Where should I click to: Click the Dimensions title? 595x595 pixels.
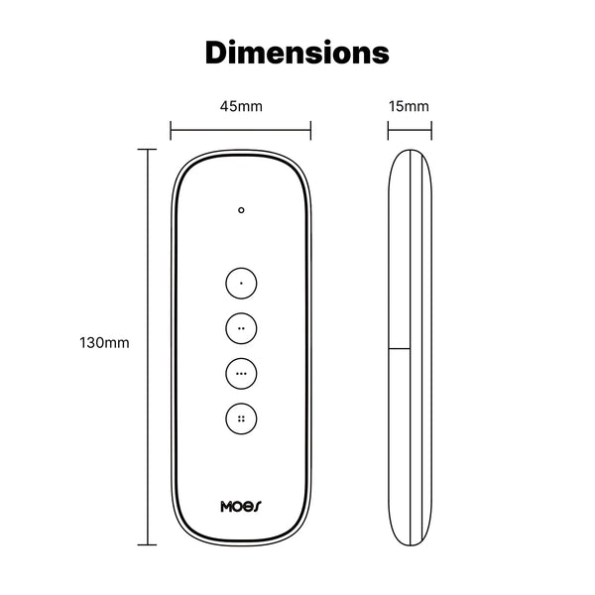coord(297,52)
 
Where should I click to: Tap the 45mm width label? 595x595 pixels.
coord(241,106)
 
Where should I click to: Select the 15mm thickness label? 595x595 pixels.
coord(410,106)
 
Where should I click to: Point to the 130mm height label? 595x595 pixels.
coord(104,343)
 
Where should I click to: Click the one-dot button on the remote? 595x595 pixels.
coord(241,283)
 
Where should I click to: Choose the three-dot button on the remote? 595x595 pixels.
coord(241,373)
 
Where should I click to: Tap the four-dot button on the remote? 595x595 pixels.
coord(241,418)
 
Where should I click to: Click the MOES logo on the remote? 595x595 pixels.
coord(241,506)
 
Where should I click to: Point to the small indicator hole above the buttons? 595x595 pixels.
coord(241,210)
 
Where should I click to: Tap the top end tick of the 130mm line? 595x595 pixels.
coord(150,150)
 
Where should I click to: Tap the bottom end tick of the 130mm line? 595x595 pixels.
coord(150,543)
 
